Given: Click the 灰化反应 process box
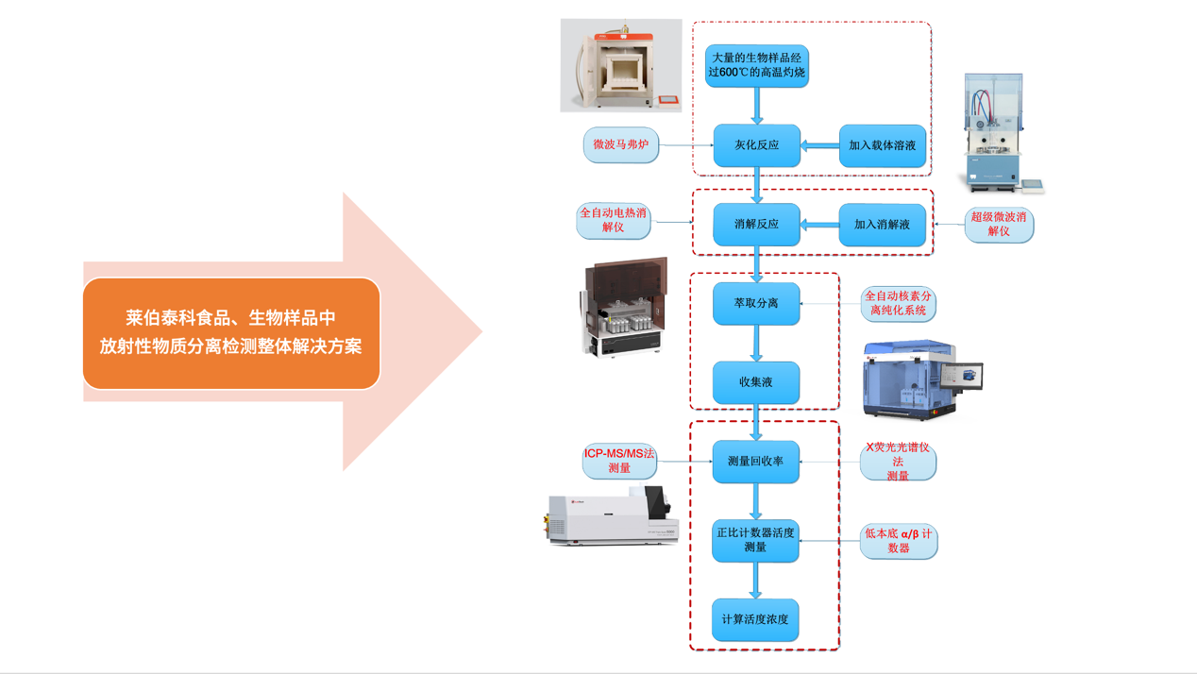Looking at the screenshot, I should (x=756, y=145).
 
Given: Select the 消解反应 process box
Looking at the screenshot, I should (x=756, y=225).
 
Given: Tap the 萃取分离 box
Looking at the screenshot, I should (x=756, y=304).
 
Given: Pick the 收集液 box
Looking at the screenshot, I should (x=756, y=382).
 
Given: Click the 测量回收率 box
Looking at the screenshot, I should (x=756, y=462).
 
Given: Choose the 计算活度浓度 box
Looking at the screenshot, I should (x=755, y=619).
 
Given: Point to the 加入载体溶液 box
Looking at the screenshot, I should (x=882, y=145).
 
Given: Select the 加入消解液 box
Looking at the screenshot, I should (x=882, y=225).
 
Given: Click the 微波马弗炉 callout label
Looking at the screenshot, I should (x=621, y=145).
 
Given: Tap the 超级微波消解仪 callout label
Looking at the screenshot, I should (x=999, y=225).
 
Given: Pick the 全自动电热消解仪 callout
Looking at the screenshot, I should (x=614, y=221).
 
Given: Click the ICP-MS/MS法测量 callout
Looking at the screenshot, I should (x=619, y=461).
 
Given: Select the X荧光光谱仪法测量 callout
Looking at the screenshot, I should (x=898, y=462).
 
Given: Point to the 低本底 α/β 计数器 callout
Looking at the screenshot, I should (x=899, y=541).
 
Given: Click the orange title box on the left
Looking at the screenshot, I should (x=231, y=333).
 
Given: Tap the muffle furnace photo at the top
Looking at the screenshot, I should (x=621, y=66).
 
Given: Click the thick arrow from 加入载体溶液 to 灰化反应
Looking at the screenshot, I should (x=819, y=145).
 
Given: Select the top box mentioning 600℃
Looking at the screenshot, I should (x=756, y=65).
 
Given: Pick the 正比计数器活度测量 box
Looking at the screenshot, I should (x=755, y=540).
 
